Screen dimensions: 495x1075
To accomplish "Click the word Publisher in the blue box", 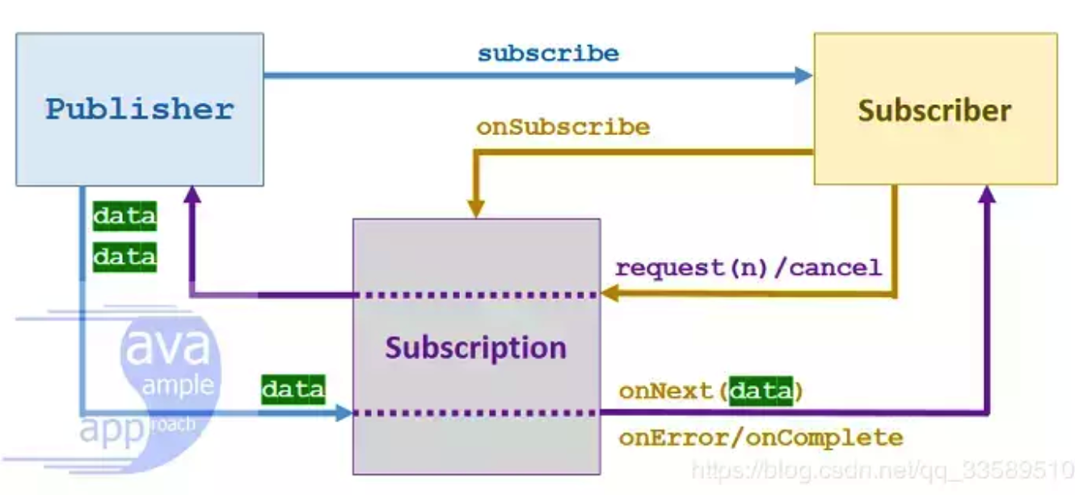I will (x=139, y=108).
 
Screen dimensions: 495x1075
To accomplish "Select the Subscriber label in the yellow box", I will (x=934, y=110).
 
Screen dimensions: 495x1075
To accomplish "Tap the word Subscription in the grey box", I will (x=475, y=348).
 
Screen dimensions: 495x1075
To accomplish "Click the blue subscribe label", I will (x=548, y=54).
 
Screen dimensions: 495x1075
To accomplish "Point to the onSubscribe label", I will (x=563, y=127).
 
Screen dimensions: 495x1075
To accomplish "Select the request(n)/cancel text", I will (x=748, y=268).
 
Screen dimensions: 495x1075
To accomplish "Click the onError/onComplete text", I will (x=761, y=438).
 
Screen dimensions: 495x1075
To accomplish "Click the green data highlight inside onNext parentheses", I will (x=761, y=391).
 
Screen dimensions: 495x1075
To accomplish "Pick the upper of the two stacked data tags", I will (x=124, y=217).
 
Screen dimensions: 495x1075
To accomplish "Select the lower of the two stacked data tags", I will (x=124, y=258).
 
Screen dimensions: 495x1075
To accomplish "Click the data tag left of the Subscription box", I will (x=293, y=389).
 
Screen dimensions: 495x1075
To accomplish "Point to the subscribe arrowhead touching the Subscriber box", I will (x=803, y=76).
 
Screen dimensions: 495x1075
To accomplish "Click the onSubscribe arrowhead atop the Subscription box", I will (x=476, y=209).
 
